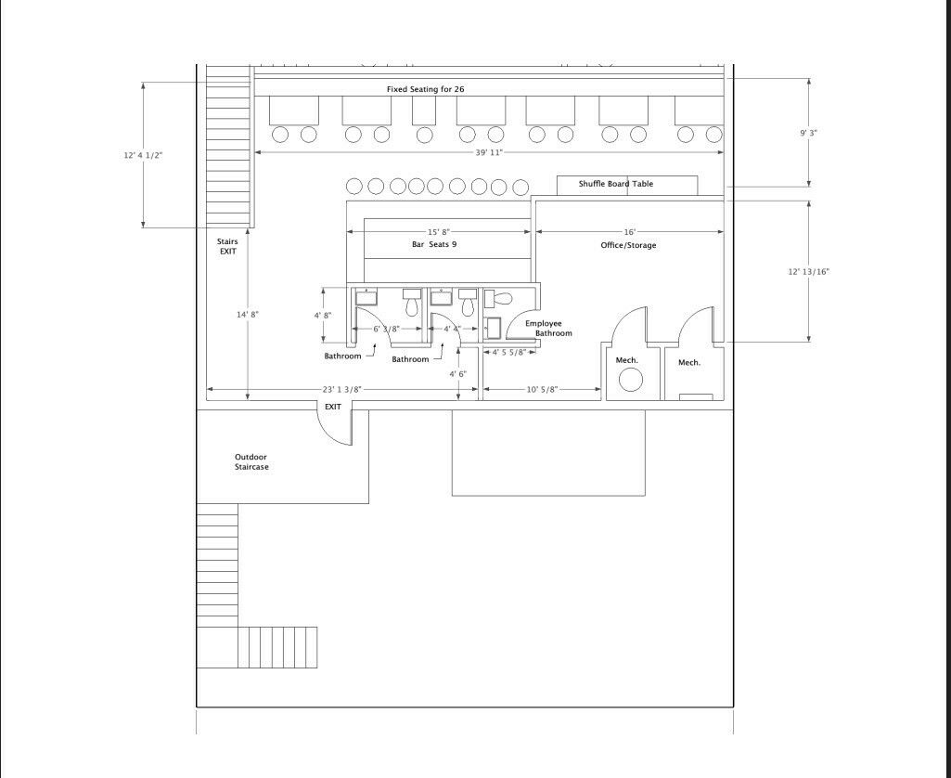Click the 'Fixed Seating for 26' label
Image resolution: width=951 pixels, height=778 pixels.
tap(426, 89)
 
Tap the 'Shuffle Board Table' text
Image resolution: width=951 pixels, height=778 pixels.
tap(616, 184)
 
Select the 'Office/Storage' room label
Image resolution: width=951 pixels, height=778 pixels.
tap(628, 245)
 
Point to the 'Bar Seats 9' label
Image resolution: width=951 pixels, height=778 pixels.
tap(434, 244)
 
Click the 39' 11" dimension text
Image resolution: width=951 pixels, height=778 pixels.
tap(489, 152)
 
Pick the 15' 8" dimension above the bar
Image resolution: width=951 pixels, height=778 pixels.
tap(439, 232)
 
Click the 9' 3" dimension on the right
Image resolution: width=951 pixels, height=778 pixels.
tap(808, 133)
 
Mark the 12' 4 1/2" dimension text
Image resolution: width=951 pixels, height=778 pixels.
tap(143, 155)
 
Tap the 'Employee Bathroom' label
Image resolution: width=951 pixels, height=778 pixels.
tap(548, 329)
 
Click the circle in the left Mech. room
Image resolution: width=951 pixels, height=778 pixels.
tap(631, 381)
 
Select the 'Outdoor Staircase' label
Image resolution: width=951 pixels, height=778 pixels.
tap(251, 461)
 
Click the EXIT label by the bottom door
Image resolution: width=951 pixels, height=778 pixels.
tap(333, 407)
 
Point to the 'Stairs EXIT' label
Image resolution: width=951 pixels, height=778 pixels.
tap(227, 246)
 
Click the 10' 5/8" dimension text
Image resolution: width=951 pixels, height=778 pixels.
tap(542, 390)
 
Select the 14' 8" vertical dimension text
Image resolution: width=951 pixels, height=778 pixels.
tap(248, 315)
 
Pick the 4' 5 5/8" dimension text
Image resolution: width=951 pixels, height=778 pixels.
tap(508, 352)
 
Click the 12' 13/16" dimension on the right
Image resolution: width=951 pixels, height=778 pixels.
tap(808, 271)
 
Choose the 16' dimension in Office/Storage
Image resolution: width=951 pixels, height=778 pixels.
tap(630, 232)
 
